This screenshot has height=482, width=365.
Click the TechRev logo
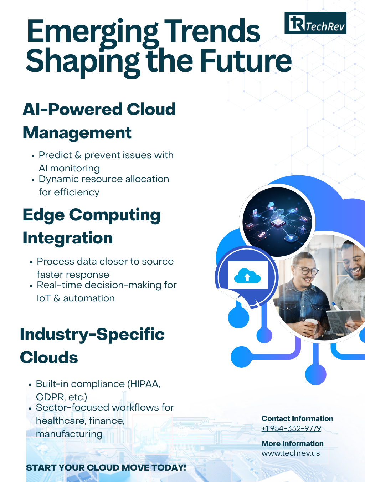(x=315, y=23)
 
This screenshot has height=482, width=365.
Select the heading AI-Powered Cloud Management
(x=99, y=121)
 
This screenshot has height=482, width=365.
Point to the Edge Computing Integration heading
(x=91, y=226)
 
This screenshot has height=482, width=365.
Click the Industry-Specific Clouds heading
(x=92, y=346)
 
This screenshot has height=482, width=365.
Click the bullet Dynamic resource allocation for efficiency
(x=103, y=185)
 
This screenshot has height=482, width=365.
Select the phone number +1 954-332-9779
(x=291, y=428)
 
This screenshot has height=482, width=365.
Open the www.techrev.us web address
(x=291, y=453)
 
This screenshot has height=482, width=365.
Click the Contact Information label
(x=297, y=418)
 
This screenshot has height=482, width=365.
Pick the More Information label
(x=292, y=443)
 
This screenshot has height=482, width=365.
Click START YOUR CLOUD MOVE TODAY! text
(x=106, y=468)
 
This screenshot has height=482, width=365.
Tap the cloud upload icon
(x=247, y=276)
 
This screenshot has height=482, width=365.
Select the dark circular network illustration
(x=277, y=221)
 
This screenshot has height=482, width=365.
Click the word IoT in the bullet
(x=43, y=298)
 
